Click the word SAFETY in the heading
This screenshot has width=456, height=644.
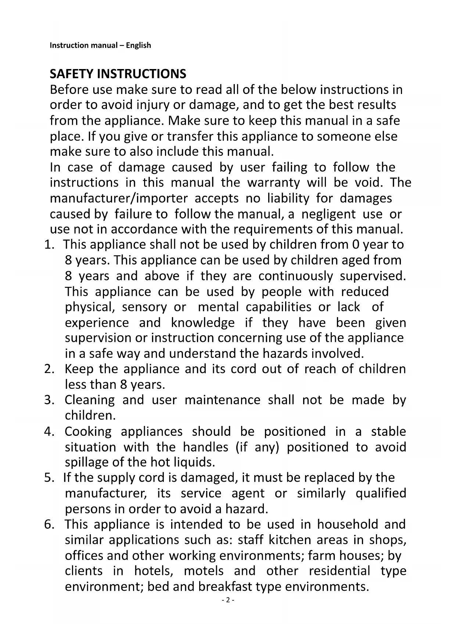[72, 74]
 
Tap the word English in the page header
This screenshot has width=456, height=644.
[138, 46]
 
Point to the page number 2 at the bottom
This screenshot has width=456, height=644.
[228, 600]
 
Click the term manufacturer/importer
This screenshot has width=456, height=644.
[119, 198]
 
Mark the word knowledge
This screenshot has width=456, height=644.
[203, 323]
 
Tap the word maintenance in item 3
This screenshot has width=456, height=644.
[222, 400]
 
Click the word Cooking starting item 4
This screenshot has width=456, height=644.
[88, 431]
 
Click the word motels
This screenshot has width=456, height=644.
[204, 571]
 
